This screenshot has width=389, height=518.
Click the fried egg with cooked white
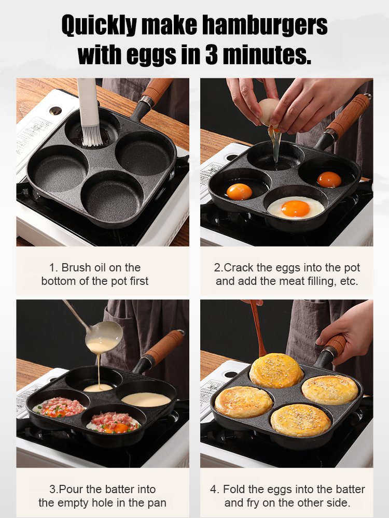click(x=296, y=208)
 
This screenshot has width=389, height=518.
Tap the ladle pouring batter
click(x=104, y=332)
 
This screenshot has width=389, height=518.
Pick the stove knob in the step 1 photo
click(x=55, y=110)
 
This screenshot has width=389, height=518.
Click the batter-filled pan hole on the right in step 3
click(x=145, y=399)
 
